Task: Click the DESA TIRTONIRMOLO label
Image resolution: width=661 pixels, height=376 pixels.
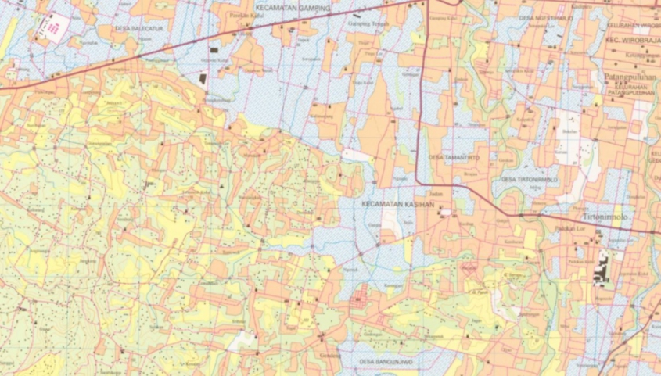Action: coord(530,179)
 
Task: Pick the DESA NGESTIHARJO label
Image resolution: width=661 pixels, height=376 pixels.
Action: coord(546,16)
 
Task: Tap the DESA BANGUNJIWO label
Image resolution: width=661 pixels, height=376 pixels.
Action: coord(386,362)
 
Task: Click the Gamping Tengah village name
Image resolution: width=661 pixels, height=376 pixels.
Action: coord(368,23)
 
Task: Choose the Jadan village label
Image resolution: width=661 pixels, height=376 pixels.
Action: coord(436,192)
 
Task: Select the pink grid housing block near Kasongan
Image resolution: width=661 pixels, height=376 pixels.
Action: coord(361,298)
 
